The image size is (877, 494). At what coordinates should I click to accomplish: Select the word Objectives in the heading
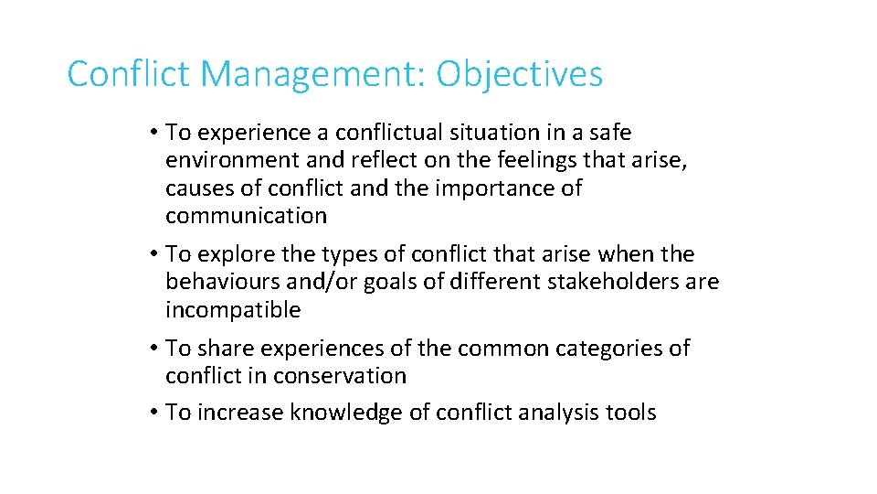(519, 74)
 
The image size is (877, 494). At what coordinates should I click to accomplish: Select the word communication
(246, 216)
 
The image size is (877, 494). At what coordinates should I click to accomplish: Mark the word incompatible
(232, 310)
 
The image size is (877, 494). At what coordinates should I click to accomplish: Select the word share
(224, 349)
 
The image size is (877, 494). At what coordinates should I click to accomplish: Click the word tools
(631, 413)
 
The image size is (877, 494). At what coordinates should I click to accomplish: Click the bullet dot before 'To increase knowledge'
(153, 413)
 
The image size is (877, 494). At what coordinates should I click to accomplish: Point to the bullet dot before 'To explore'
(153, 254)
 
